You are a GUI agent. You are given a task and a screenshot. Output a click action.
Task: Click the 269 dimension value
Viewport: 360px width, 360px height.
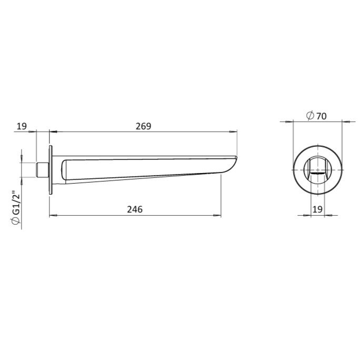click(x=143, y=126)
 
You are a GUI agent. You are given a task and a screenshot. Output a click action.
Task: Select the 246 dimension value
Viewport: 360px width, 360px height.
click(x=135, y=209)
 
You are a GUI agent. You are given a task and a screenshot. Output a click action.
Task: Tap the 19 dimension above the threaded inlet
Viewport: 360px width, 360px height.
click(x=22, y=126)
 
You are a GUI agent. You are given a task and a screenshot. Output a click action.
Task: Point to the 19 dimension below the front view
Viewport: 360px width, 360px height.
click(x=317, y=209)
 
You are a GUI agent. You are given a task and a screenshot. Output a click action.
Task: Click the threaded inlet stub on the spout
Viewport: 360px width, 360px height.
click(x=42, y=170)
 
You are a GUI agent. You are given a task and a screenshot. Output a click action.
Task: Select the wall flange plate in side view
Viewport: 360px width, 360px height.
click(x=51, y=170)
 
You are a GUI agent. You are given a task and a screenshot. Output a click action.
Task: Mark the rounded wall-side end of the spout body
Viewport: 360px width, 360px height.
click(x=64, y=169)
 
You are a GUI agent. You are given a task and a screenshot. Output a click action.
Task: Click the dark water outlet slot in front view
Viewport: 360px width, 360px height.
click(x=317, y=173)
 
